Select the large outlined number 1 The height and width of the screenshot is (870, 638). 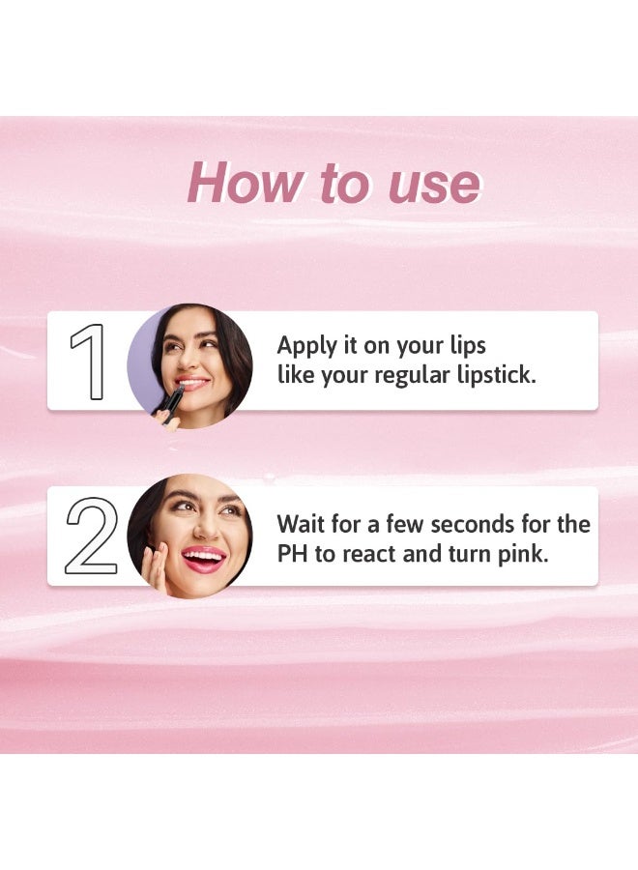(89, 362)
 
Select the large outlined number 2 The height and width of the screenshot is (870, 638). (92, 536)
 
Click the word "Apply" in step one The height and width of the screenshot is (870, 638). (307, 347)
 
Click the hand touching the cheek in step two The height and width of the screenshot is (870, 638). (158, 568)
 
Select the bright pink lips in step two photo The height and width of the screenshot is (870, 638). (203, 558)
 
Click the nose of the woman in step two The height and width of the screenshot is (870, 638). (207, 528)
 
